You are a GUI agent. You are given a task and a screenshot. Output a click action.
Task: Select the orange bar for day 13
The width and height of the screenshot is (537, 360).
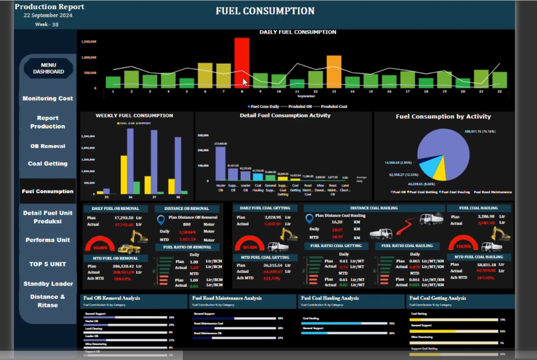coord(334,72)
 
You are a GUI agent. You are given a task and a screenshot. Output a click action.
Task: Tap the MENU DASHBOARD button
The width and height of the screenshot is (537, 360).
coord(48,68)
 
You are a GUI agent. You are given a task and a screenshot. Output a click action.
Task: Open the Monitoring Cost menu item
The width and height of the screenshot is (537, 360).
coord(48,99)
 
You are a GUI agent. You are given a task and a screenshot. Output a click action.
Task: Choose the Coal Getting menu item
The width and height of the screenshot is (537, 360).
coord(48,164)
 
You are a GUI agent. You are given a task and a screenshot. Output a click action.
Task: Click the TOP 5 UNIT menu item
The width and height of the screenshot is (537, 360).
coord(48,264)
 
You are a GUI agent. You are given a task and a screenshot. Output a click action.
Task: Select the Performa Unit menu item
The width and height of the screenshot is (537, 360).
coord(48,240)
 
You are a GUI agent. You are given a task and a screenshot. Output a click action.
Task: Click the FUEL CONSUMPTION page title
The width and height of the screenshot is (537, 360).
coord(265,11)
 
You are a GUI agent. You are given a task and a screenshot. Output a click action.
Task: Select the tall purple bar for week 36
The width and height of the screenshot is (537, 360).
coord(130,161)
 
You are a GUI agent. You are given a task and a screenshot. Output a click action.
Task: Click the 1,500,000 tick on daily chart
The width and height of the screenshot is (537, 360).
coord(89,41)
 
